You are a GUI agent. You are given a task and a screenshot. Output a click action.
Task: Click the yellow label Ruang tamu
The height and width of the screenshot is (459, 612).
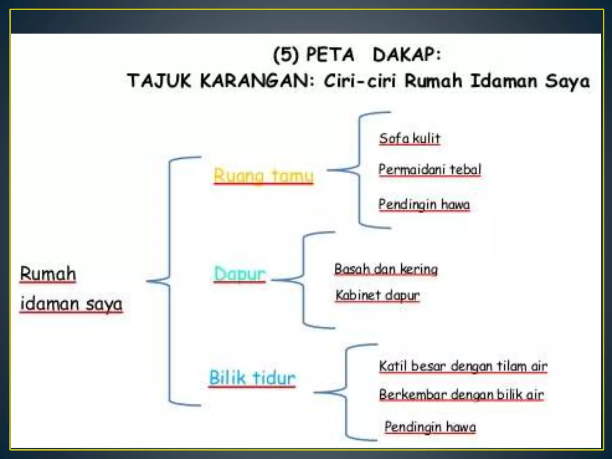263,175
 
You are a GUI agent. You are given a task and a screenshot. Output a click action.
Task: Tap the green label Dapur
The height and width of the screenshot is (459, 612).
240,273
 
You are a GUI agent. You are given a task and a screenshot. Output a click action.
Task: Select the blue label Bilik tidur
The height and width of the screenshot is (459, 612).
252,377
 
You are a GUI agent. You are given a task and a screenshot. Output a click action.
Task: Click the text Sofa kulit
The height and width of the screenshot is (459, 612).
410,138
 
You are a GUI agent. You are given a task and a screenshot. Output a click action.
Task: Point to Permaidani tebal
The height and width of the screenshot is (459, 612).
430,169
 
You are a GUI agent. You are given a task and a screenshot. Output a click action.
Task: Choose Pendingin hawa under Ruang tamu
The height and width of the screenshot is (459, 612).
424,204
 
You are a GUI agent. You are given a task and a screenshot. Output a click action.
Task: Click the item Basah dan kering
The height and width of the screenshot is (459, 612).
386,269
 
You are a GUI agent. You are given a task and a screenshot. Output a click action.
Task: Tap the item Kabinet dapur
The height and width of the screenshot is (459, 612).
377,295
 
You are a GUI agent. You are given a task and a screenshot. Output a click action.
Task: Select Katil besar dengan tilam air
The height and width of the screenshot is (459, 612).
463,366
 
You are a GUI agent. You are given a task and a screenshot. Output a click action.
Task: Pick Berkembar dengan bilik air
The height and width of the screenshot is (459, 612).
461,394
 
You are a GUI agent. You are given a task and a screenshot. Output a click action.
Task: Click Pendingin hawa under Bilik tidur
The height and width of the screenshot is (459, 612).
430,426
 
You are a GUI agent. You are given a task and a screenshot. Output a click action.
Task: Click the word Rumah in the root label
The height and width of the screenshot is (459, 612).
48,273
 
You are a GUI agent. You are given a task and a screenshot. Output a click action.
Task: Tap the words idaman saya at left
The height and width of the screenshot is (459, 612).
71,304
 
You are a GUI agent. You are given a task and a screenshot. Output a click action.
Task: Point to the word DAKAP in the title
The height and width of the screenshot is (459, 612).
406,55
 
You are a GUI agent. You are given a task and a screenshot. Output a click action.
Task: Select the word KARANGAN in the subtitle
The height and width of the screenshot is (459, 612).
257,81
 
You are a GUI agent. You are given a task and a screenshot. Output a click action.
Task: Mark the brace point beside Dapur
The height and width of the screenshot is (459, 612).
273,280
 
